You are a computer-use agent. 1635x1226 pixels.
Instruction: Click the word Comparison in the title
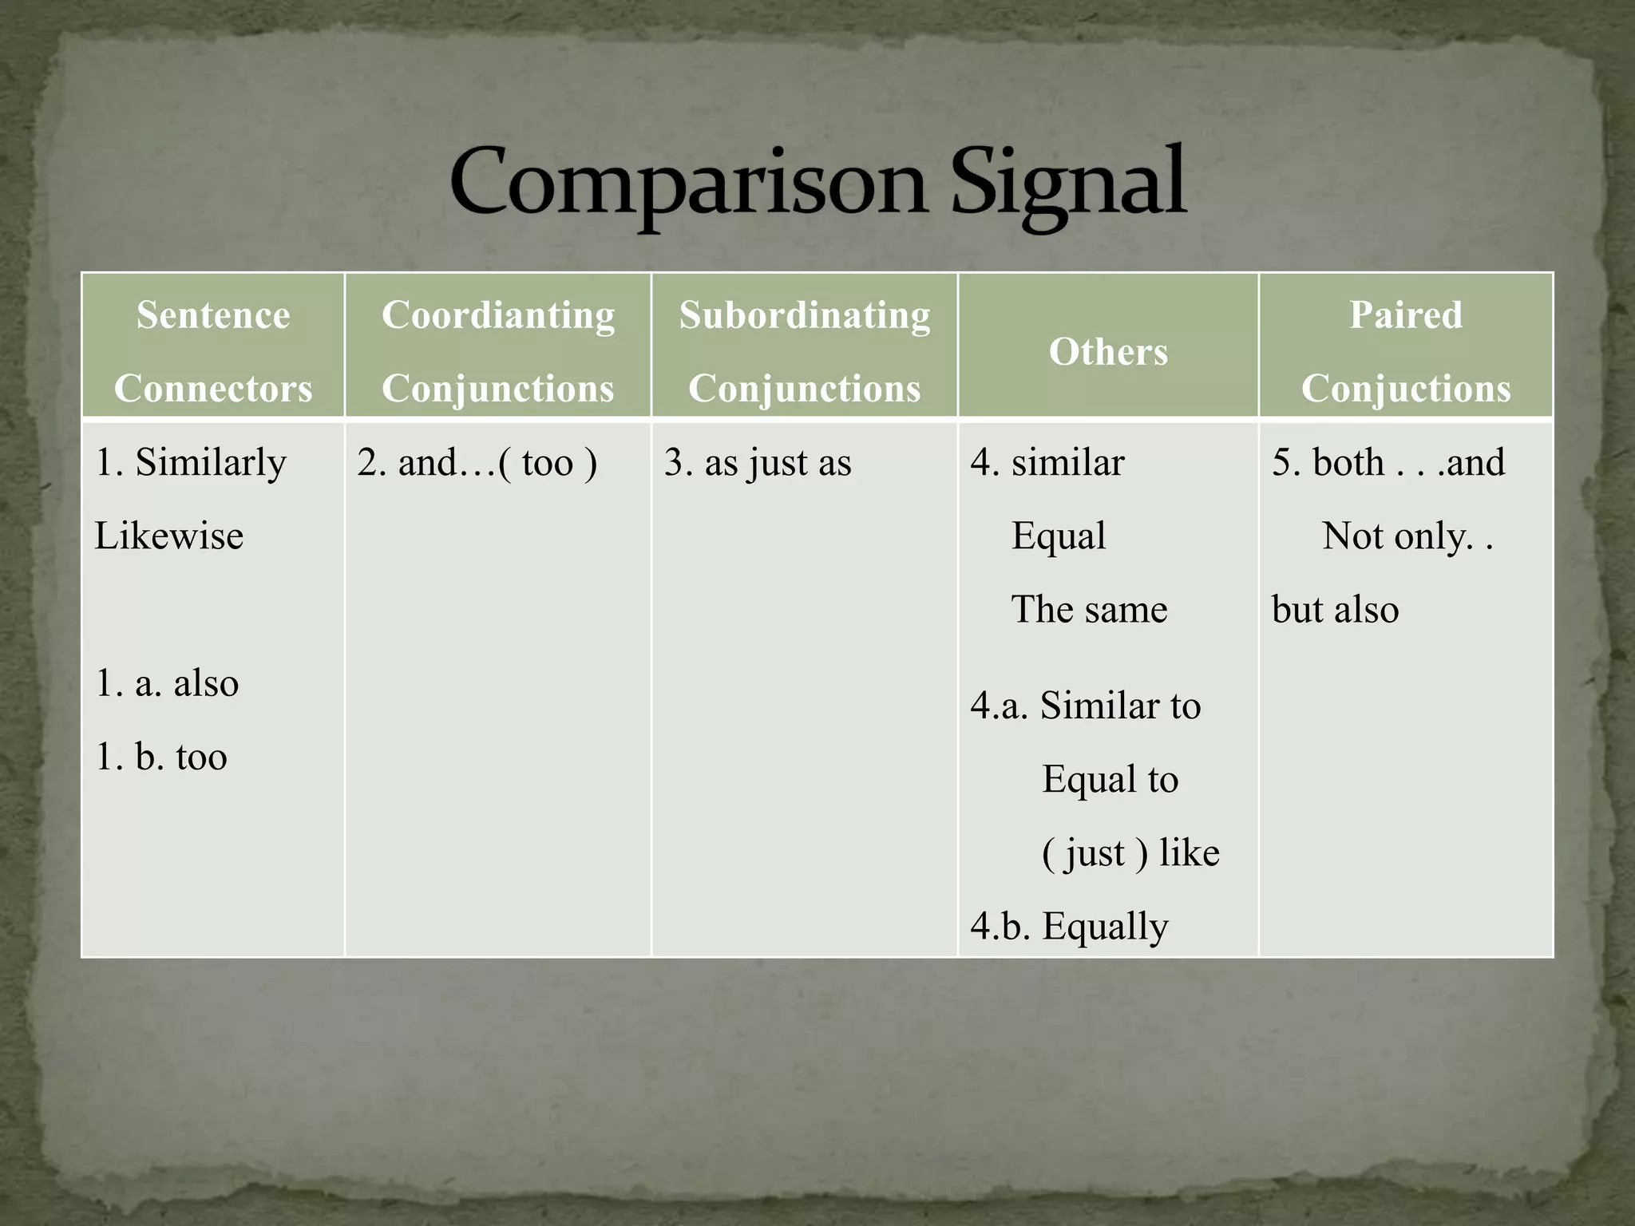click(x=687, y=184)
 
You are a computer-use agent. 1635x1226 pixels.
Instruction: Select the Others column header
click(x=1108, y=351)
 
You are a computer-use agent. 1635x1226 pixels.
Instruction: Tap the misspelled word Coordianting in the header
click(x=498, y=314)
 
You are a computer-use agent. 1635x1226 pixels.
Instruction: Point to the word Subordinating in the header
click(x=805, y=314)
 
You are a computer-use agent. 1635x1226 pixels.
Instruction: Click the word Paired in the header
click(x=1406, y=314)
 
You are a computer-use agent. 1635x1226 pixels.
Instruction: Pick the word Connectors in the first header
click(x=213, y=389)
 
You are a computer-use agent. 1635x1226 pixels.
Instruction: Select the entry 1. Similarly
click(x=191, y=463)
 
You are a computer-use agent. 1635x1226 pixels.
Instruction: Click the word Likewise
click(x=169, y=536)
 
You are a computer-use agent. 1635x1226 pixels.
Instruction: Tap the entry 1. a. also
click(x=167, y=683)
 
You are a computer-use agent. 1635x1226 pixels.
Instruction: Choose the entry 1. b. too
click(x=161, y=757)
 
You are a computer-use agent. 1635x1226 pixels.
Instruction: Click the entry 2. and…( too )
click(x=477, y=463)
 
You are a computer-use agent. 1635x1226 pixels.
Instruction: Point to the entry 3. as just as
click(x=758, y=463)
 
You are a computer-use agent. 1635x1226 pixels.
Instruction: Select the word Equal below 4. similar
click(x=1059, y=536)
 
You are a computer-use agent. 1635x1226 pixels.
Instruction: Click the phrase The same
click(x=1089, y=610)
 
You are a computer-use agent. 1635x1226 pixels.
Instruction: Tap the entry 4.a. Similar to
click(x=1086, y=706)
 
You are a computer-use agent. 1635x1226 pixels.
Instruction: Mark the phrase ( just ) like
click(x=1130, y=853)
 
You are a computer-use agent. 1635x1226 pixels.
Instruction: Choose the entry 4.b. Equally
click(x=1070, y=927)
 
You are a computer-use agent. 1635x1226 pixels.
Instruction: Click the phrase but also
click(x=1335, y=610)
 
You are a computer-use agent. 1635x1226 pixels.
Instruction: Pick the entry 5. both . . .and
click(x=1388, y=463)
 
